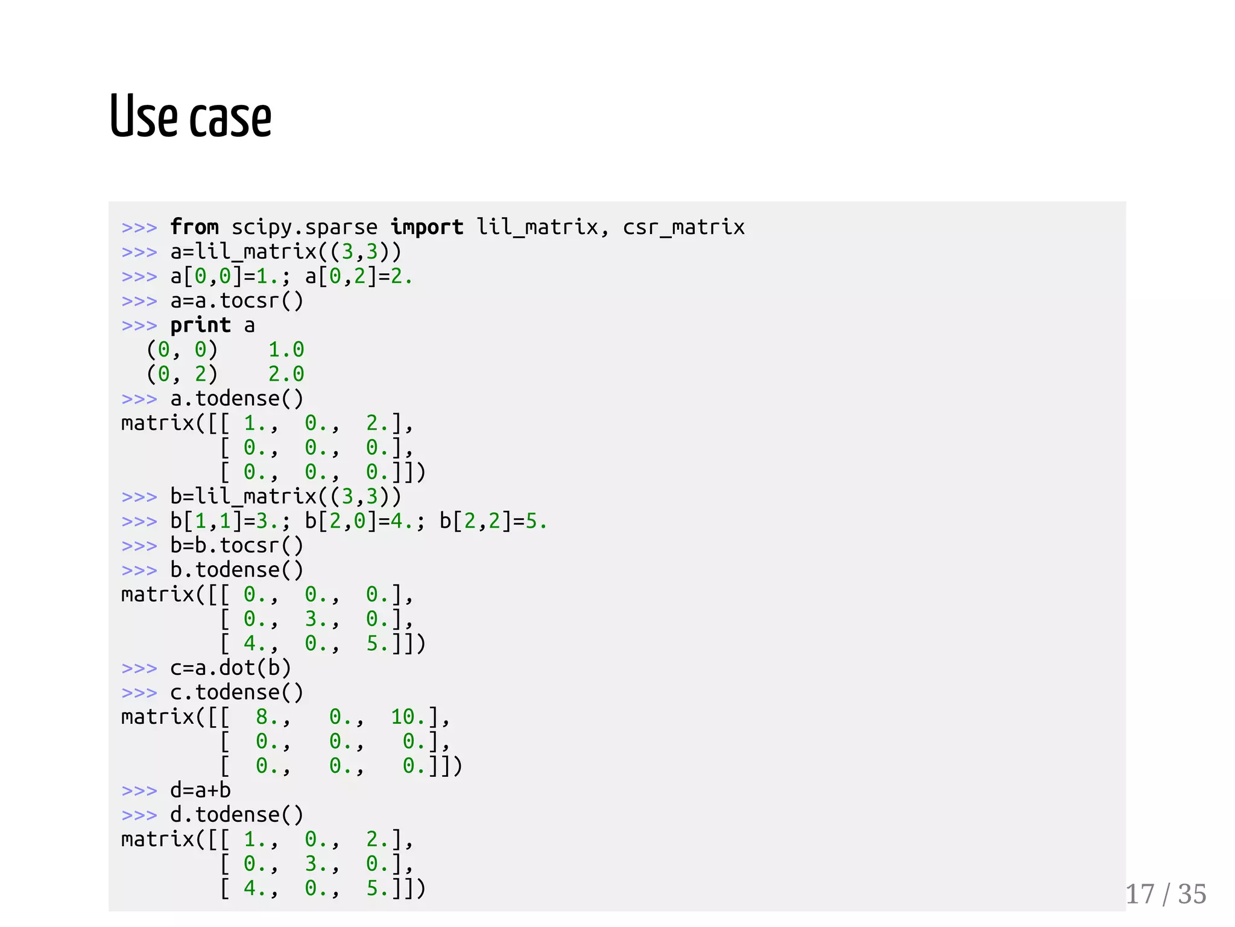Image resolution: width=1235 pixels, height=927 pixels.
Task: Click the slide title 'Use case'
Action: click(x=191, y=116)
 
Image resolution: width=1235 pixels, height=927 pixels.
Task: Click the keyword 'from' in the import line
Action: click(x=194, y=227)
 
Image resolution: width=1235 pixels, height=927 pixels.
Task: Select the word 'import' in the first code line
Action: click(x=426, y=227)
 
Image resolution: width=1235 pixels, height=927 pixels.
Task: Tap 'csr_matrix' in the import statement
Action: click(x=684, y=227)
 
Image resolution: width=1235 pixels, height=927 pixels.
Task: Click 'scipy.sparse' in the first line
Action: click(x=305, y=227)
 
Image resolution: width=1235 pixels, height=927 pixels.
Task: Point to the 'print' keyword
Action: click(x=200, y=325)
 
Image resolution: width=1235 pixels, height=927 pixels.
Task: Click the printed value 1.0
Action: click(x=286, y=350)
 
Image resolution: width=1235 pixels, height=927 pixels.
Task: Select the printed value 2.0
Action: click(x=286, y=374)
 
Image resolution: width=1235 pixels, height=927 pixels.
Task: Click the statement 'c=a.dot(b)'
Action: click(x=230, y=668)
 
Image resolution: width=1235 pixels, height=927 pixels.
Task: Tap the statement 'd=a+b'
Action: click(x=200, y=790)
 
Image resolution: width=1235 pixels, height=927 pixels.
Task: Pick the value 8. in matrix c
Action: click(x=267, y=717)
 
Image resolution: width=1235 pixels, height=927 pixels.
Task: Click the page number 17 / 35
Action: click(x=1166, y=894)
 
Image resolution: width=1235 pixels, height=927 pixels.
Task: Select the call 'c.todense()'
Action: click(x=236, y=692)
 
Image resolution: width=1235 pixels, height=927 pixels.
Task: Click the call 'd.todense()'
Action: click(x=236, y=815)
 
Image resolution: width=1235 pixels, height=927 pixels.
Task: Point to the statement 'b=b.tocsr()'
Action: click(x=236, y=545)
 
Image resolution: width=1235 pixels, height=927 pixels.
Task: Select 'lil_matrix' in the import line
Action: click(x=537, y=227)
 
